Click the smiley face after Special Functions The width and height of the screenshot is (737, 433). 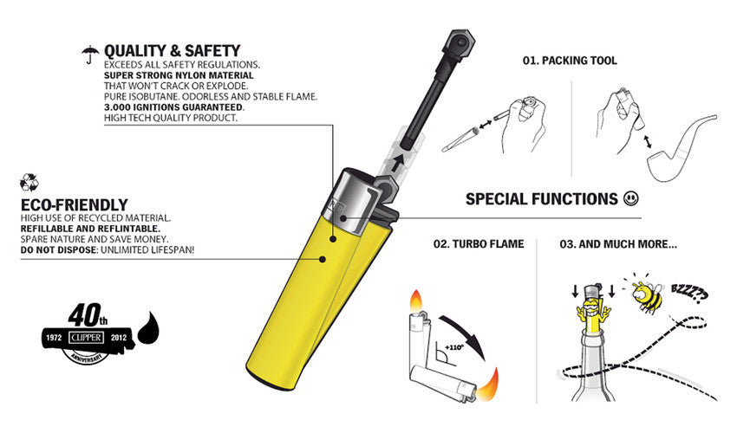pyautogui.click(x=633, y=199)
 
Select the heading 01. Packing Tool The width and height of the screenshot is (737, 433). pyautogui.click(x=570, y=61)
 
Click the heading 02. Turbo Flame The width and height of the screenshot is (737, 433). pyautogui.click(x=479, y=244)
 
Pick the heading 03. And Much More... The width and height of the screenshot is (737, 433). pyautogui.click(x=617, y=244)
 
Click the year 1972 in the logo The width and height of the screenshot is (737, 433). pyautogui.click(x=54, y=336)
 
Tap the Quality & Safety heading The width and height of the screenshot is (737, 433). pyautogui.click(x=172, y=51)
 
